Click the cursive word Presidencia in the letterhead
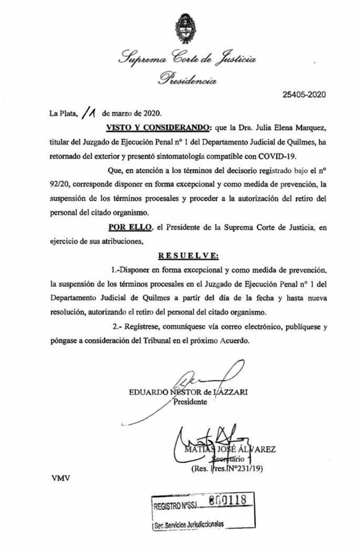pyautogui.click(x=187, y=80)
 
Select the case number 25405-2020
pyautogui.click(x=304, y=95)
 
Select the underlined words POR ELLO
pyautogui.click(x=130, y=229)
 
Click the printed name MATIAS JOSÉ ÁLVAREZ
pyautogui.click(x=230, y=449)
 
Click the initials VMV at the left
pyautogui.click(x=61, y=478)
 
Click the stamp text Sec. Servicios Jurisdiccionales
pyautogui.click(x=189, y=525)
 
